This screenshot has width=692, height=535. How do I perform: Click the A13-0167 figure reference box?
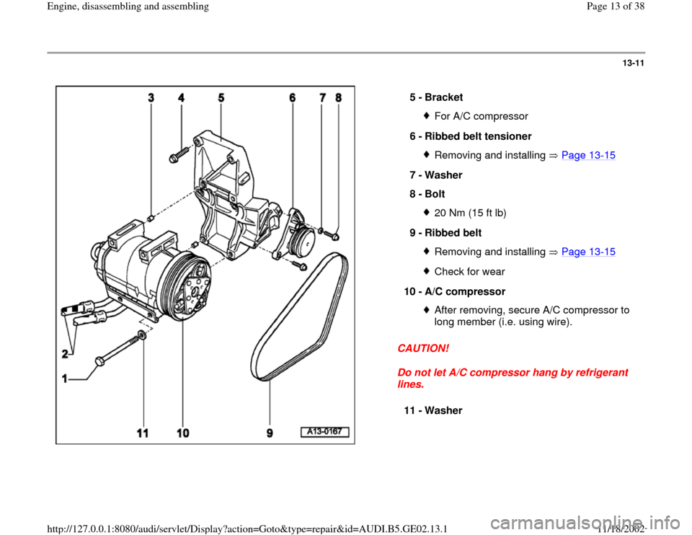tap(324, 432)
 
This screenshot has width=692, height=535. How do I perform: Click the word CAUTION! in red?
tap(423, 348)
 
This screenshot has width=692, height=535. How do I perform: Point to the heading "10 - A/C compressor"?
tap(454, 291)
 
